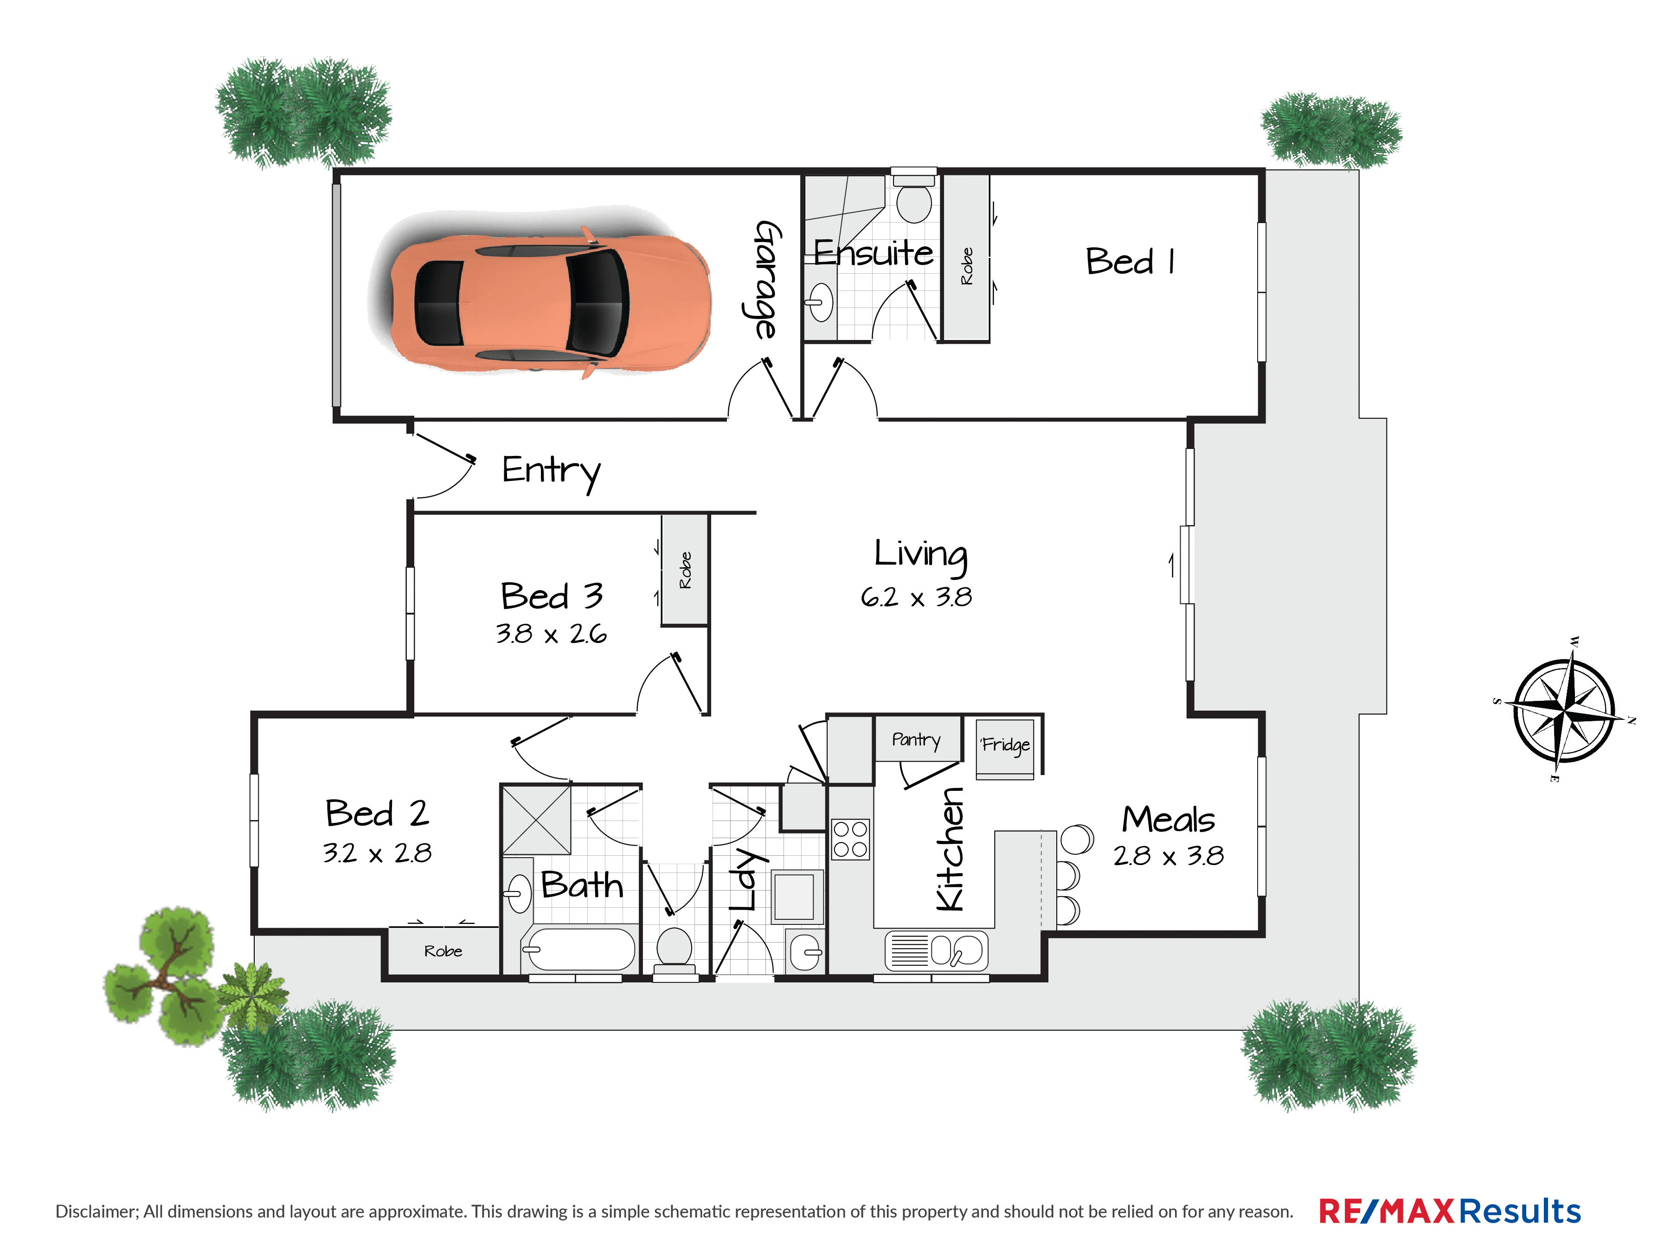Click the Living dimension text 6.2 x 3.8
[x=916, y=597]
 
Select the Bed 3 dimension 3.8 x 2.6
[x=551, y=634]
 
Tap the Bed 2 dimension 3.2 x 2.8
[x=377, y=853]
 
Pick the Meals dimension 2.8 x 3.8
[x=1168, y=856]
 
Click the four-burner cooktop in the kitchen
[x=851, y=839]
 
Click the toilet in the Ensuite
[x=914, y=198]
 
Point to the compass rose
[x=1564, y=711]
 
